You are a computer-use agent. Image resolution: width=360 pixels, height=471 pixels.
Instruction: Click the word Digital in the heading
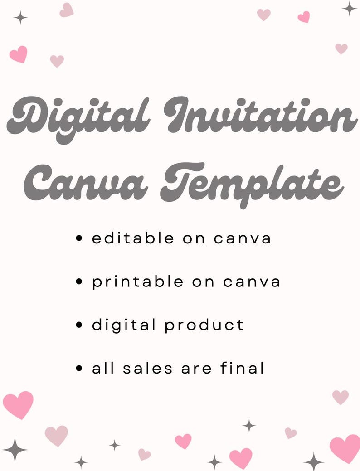79,119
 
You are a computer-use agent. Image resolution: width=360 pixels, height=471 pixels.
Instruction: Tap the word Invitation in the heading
261,116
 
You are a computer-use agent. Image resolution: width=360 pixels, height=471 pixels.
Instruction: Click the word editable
133,238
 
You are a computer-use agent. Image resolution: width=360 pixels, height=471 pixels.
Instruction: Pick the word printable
138,282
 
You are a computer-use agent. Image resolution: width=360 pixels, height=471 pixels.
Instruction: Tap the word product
204,325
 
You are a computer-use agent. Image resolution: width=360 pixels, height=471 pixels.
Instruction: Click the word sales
148,368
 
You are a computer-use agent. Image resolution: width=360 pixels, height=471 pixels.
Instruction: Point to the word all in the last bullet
103,368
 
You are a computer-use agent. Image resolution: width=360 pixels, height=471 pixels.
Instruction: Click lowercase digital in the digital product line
124,325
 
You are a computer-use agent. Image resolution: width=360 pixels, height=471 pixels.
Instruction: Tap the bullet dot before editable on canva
79,238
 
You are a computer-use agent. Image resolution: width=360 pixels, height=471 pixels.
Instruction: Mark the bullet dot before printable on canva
79,282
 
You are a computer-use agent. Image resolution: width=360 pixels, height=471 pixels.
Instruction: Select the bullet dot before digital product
79,325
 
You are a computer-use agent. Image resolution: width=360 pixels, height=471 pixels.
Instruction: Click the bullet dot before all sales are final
79,368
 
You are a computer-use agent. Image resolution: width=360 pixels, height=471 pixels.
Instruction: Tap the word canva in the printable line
252,282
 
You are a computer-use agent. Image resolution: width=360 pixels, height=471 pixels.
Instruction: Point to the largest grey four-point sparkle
15,449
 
